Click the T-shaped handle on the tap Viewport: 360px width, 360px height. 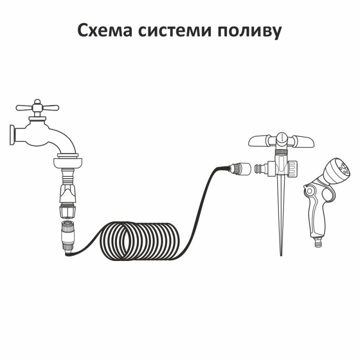[x=37, y=108]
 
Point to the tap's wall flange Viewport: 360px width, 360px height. [x=12, y=135]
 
